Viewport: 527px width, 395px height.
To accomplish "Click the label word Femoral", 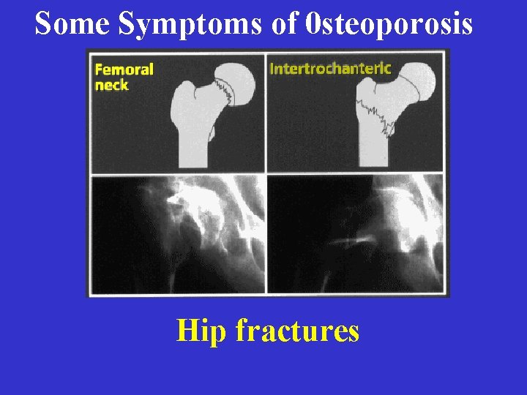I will [124, 70].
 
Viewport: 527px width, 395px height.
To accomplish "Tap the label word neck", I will [111, 86].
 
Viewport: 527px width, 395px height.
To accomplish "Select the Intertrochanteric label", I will [331, 69].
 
